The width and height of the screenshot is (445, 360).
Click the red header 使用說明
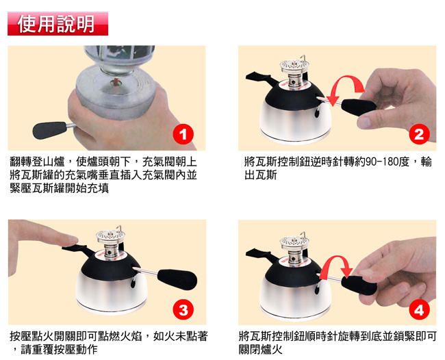tap(58, 23)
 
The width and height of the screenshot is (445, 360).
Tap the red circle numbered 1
tap(183, 134)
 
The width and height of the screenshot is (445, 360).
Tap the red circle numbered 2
tap(419, 134)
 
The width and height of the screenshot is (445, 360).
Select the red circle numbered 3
tap(183, 309)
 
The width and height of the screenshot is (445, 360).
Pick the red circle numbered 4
tap(419, 309)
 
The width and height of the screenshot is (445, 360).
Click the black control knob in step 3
tap(177, 279)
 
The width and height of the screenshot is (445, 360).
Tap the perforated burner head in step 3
tap(110, 235)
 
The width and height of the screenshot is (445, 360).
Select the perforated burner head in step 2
tap(294, 66)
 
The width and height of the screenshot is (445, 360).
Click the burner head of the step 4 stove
tap(294, 243)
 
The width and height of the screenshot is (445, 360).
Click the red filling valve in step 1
tap(116, 82)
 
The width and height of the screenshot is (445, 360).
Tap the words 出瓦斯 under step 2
tap(261, 175)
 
